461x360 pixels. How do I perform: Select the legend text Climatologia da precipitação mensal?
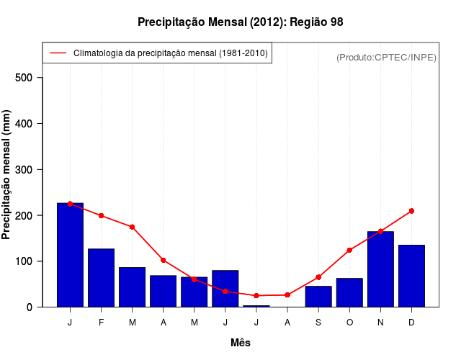[170, 53]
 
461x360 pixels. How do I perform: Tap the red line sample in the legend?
[58, 53]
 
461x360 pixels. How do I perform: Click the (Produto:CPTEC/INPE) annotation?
[386, 57]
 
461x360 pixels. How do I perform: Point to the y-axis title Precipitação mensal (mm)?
[7, 175]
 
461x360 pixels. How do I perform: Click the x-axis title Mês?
[241, 343]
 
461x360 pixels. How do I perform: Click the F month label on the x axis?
[102, 323]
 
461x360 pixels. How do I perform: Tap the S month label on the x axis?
[318, 323]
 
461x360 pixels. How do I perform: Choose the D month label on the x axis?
[411, 323]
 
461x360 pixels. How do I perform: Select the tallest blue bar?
[70, 255]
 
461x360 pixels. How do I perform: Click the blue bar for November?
[380, 269]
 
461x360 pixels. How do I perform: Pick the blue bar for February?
[101, 278]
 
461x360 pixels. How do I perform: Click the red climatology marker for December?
[411, 211]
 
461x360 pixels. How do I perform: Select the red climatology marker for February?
[101, 216]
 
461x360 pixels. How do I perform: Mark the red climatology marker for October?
[349, 250]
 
